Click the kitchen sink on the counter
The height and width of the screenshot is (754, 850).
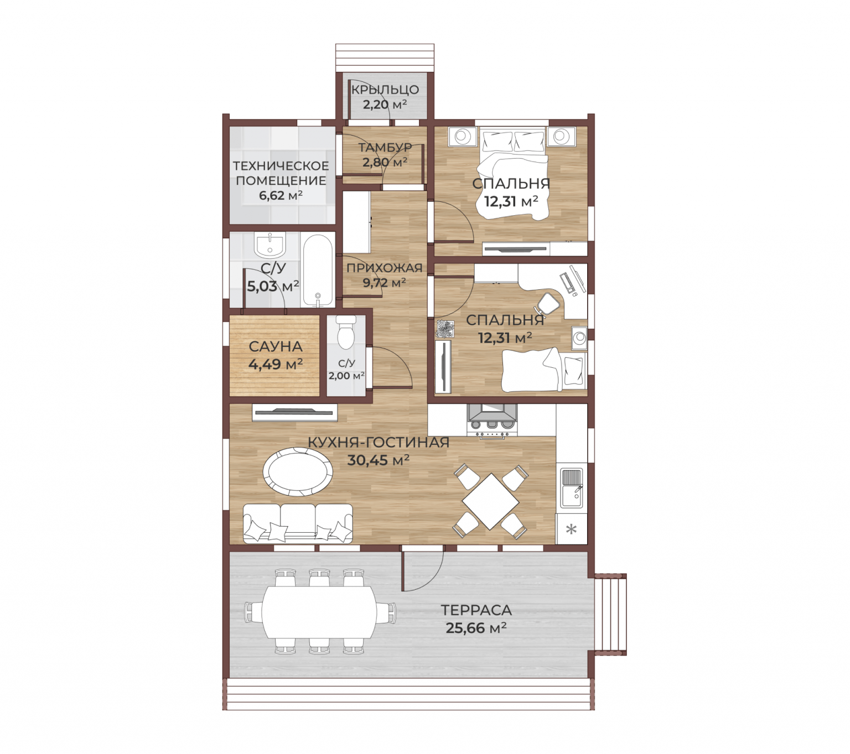click(x=572, y=488)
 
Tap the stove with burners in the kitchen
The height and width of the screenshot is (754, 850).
click(x=492, y=421)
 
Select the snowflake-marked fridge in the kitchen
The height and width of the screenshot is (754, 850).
click(x=571, y=529)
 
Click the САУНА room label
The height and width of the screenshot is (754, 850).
click(x=275, y=346)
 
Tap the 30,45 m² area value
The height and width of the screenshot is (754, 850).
click(x=379, y=460)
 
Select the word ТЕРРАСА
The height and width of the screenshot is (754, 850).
click(x=476, y=610)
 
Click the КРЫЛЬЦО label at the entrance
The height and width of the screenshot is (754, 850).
click(x=385, y=89)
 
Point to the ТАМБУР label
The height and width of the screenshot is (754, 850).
click(x=385, y=147)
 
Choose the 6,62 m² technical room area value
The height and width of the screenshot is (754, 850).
click(x=281, y=195)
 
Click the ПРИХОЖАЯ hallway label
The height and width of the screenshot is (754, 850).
click(x=384, y=268)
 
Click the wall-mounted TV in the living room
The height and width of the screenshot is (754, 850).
click(x=294, y=413)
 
